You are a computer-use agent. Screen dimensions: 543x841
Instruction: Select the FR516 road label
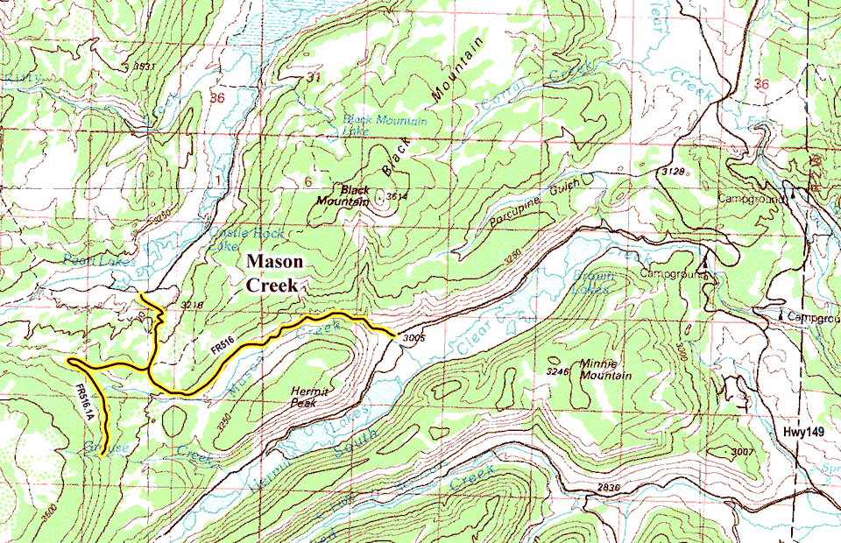(223, 349)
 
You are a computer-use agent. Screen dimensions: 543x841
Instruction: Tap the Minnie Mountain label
(605, 369)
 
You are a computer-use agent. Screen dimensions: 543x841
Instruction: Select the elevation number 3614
(397, 196)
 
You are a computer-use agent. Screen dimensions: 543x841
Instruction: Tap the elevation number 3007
(740, 451)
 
